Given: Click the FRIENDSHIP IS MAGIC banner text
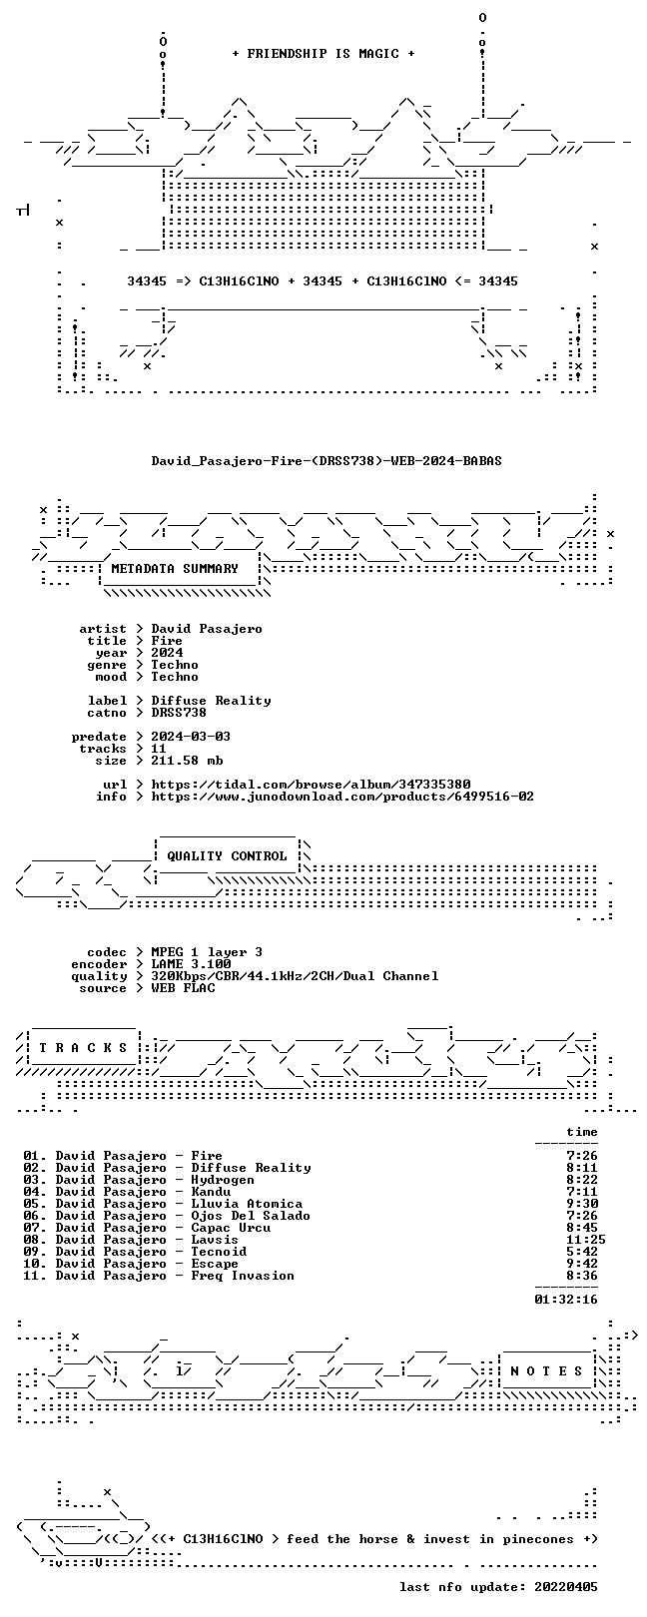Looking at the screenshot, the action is pos(323,54).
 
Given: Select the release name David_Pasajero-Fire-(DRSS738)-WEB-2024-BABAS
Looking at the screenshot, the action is pos(326,460).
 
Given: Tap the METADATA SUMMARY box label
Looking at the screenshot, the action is pos(175,569).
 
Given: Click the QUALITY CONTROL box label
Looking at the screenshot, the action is pos(227,856).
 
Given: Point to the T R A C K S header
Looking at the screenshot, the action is pos(83,1048).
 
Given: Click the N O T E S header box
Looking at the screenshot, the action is pos(546,1371).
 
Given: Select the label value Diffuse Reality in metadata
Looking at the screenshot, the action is pos(211,701).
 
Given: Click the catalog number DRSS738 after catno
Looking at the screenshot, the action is pos(179,713).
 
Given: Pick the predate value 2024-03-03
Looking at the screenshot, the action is pos(191,737).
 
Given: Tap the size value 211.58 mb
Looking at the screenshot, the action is pos(187,761).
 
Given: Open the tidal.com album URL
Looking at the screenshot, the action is pos(311,785).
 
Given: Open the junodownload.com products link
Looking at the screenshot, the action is pos(342,797).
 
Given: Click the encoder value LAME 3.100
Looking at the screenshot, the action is pos(191,964).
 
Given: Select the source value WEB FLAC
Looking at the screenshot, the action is pos(183,988).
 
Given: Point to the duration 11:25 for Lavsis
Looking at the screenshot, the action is pos(586,1240).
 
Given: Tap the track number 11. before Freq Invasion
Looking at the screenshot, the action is pos(35,1277).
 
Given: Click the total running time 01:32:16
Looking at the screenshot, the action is pos(566,1300).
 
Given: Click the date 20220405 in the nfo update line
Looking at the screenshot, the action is pos(566,1587).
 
